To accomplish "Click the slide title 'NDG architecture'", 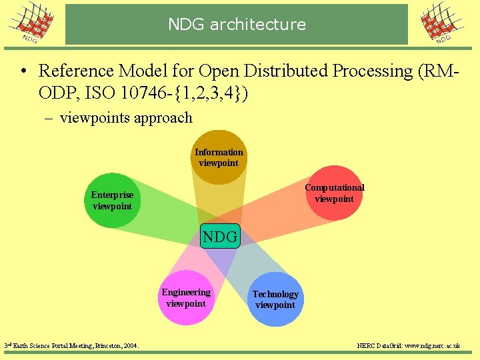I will point(237,25).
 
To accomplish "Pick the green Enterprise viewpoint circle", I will point(113,200).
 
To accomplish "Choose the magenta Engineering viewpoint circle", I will point(186,298).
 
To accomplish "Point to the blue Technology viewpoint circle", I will point(275,299).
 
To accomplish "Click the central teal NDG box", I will point(220,236).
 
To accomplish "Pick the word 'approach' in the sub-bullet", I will point(163,118).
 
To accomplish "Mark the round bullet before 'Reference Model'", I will point(23,71).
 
